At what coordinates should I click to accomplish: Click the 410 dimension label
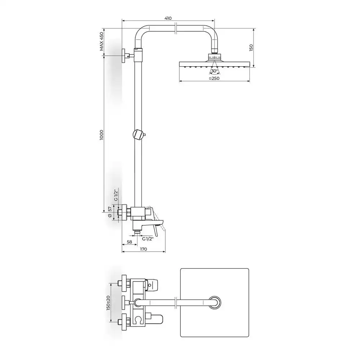pyautogui.click(x=168, y=18)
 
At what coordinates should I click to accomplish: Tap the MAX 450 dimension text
pyautogui.click(x=102, y=41)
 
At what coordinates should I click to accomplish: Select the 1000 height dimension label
pyautogui.click(x=102, y=135)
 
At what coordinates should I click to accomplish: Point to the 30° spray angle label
pyautogui.click(x=215, y=71)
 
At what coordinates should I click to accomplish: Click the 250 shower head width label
pyautogui.click(x=214, y=78)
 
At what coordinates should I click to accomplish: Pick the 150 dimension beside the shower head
pyautogui.click(x=251, y=48)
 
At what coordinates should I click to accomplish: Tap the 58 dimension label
pyautogui.click(x=130, y=242)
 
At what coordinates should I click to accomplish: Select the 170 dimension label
pyautogui.click(x=143, y=249)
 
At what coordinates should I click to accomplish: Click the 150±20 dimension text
pyautogui.click(x=108, y=303)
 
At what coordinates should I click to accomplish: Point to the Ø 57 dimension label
pyautogui.click(x=110, y=212)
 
